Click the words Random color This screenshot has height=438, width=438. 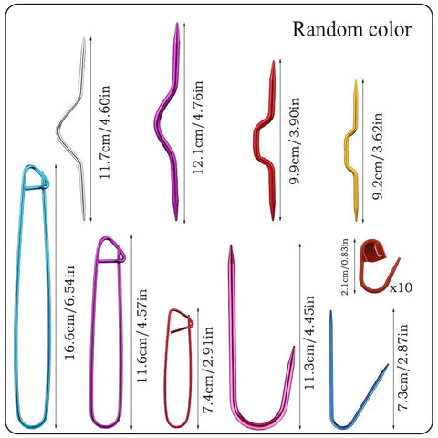pos(352,30)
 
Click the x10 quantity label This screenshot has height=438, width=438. pos(401,287)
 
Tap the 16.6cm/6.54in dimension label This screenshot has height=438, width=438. pos(69,312)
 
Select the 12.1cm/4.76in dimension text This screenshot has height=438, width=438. pos(198,127)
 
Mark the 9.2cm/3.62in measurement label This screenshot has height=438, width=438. pos(378,155)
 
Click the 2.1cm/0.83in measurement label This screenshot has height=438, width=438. pos(345,266)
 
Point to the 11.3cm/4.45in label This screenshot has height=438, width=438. pos(309,342)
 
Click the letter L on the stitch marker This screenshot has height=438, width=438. pos(378,252)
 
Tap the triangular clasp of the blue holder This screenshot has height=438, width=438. pos(36,178)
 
